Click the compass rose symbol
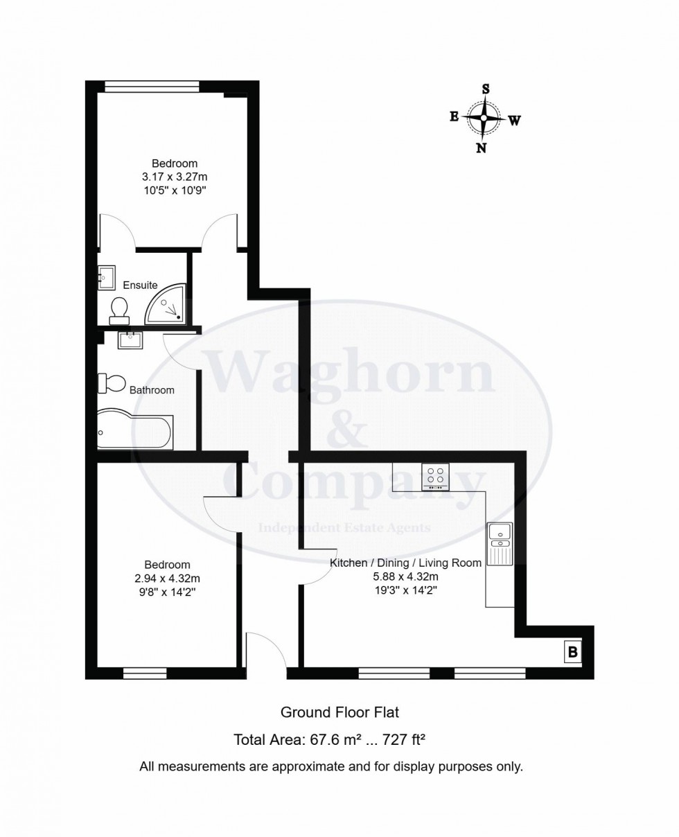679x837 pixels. (484, 118)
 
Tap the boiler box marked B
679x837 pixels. (572, 652)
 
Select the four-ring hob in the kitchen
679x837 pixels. (435, 477)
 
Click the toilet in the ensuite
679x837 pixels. (119, 310)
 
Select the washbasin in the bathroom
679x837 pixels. (130, 340)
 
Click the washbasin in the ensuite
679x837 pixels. (105, 278)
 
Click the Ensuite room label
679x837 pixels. (140, 285)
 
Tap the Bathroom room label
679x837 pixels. (152, 390)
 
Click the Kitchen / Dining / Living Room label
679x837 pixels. (405, 563)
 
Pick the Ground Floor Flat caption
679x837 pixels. (339, 712)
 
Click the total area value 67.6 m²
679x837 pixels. (328, 740)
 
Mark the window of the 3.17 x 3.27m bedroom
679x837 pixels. (152, 87)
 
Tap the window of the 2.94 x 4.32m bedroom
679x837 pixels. (145, 672)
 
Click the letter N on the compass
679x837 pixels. (481, 148)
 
